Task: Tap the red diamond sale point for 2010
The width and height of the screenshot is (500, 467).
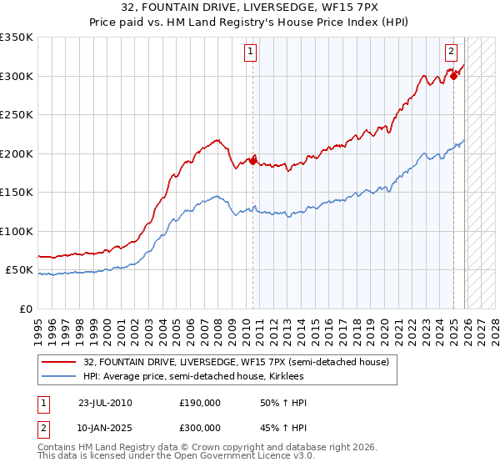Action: click(252, 161)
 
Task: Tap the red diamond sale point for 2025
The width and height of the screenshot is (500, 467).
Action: click(453, 76)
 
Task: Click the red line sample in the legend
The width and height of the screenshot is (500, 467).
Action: click(58, 362)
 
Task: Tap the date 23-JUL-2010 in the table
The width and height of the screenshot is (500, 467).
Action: click(105, 403)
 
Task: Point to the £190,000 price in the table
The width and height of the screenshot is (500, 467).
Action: click(200, 403)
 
